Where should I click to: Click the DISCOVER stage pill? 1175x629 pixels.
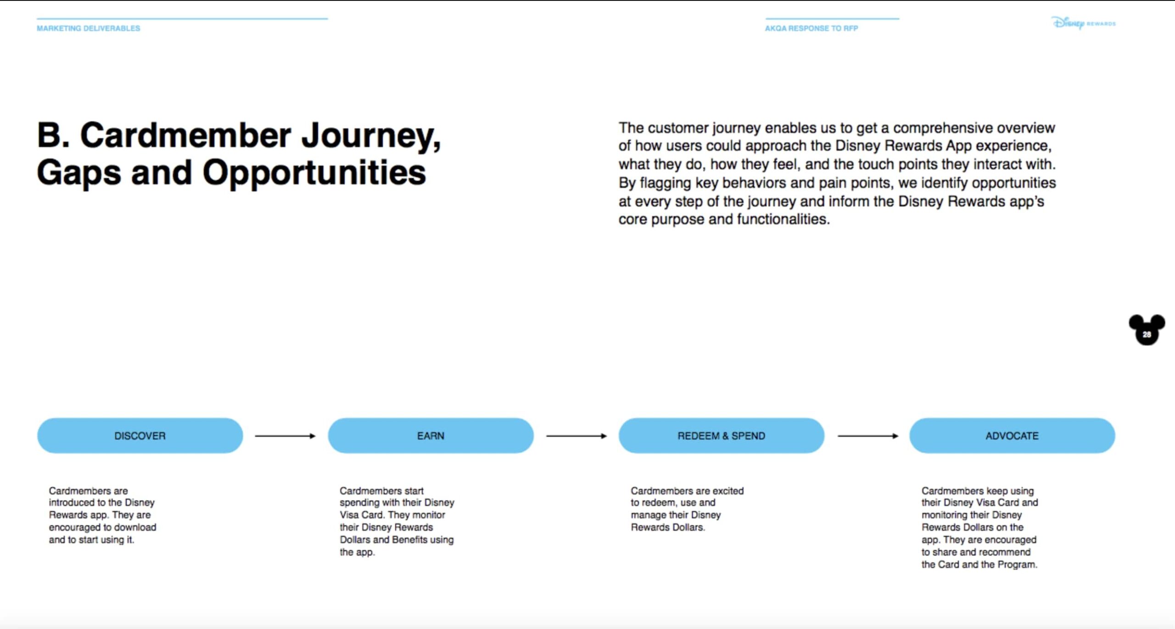click(x=140, y=436)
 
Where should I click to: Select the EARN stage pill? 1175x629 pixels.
click(x=431, y=436)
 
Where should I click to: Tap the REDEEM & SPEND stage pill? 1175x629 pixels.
click(x=721, y=436)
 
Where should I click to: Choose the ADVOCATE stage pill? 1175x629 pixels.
click(x=1012, y=436)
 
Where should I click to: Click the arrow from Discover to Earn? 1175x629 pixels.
click(x=285, y=436)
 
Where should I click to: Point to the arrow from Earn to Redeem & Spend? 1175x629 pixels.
click(x=576, y=436)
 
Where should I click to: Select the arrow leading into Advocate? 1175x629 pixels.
click(x=867, y=436)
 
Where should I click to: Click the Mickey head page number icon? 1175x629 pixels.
click(x=1147, y=330)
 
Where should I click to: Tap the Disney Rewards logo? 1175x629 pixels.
click(x=1083, y=23)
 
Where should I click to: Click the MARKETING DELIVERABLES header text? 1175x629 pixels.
click(x=89, y=28)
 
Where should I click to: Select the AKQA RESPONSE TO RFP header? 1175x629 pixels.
click(x=811, y=28)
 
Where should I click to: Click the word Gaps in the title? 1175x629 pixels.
click(x=79, y=173)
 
